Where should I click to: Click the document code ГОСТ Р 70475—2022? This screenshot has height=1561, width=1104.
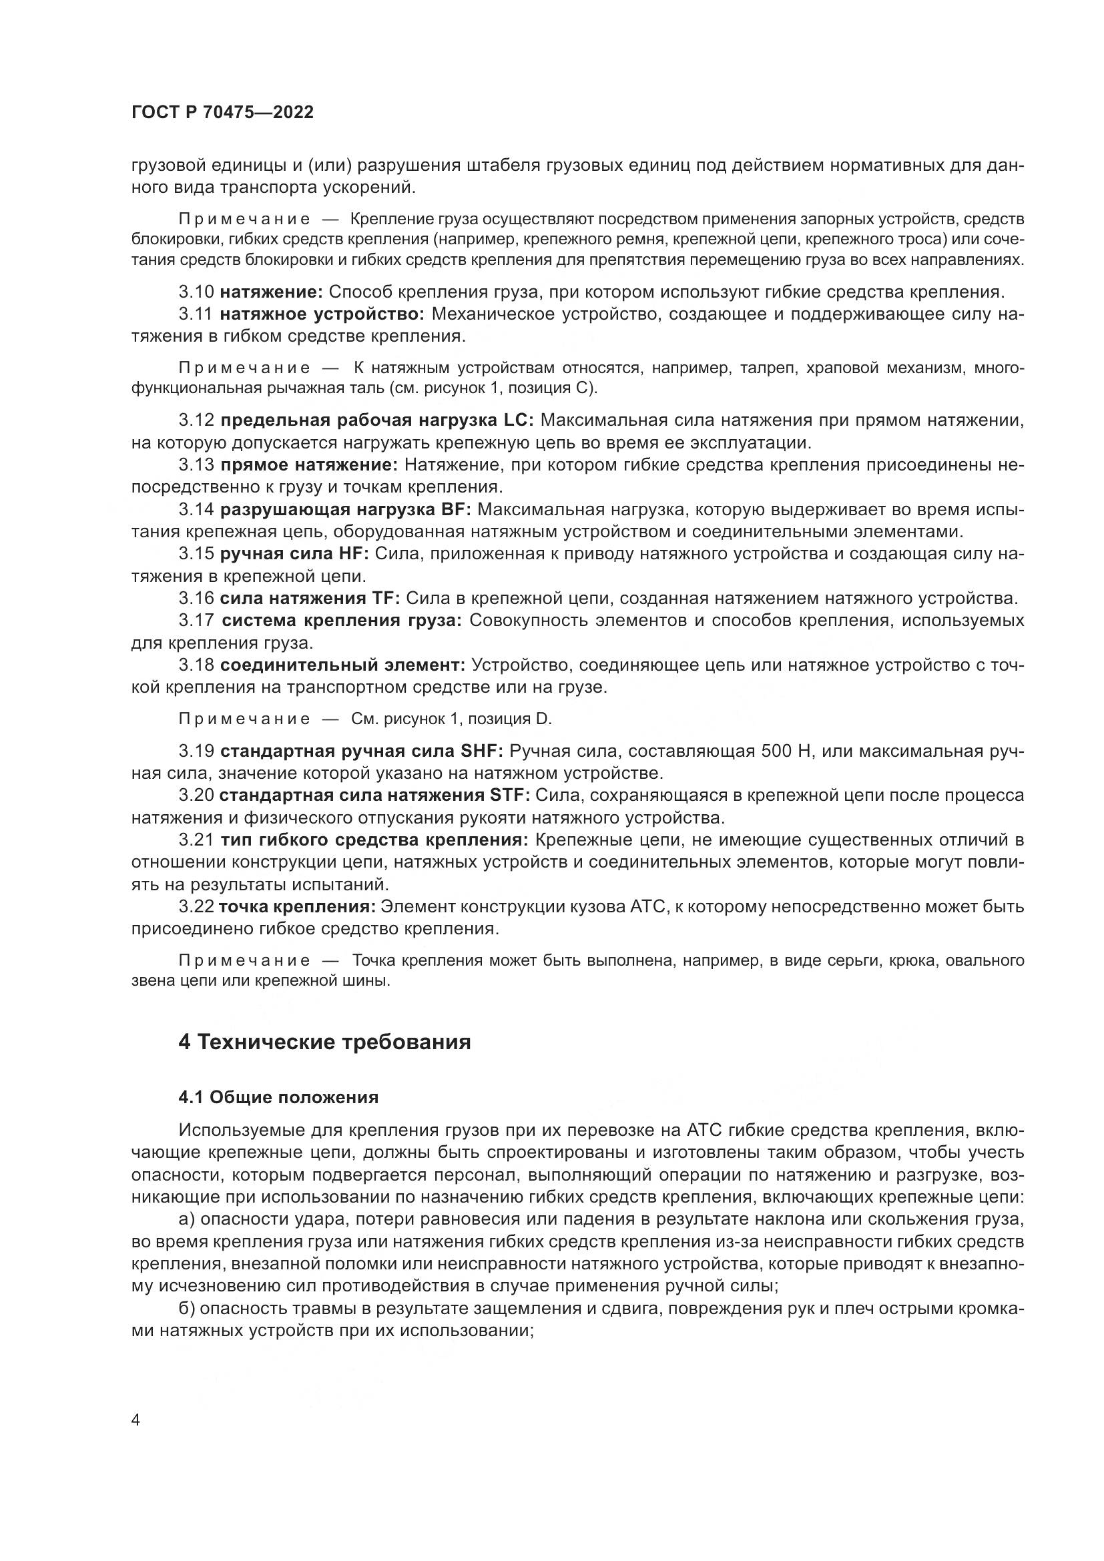[222, 113]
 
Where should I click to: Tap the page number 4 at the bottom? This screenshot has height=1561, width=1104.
[136, 1420]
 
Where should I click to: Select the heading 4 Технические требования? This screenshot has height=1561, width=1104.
[324, 1042]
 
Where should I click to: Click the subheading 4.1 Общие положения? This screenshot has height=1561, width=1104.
[278, 1097]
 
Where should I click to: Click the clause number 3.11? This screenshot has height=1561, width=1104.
[196, 314]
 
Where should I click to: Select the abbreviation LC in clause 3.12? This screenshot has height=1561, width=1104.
[519, 420]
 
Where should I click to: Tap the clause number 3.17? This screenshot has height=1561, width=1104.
[196, 620]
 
